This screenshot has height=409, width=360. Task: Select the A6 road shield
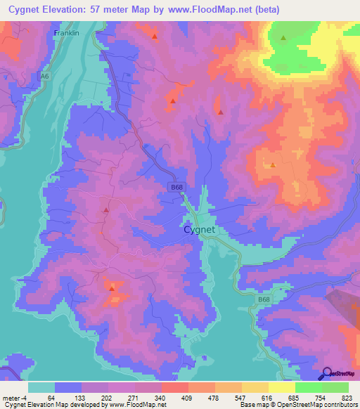(45, 77)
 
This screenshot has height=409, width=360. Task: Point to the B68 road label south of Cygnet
(262, 300)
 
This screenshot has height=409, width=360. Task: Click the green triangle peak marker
(283, 39)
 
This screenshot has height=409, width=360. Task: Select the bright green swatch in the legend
(309, 387)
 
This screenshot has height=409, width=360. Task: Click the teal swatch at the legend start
(41, 387)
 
